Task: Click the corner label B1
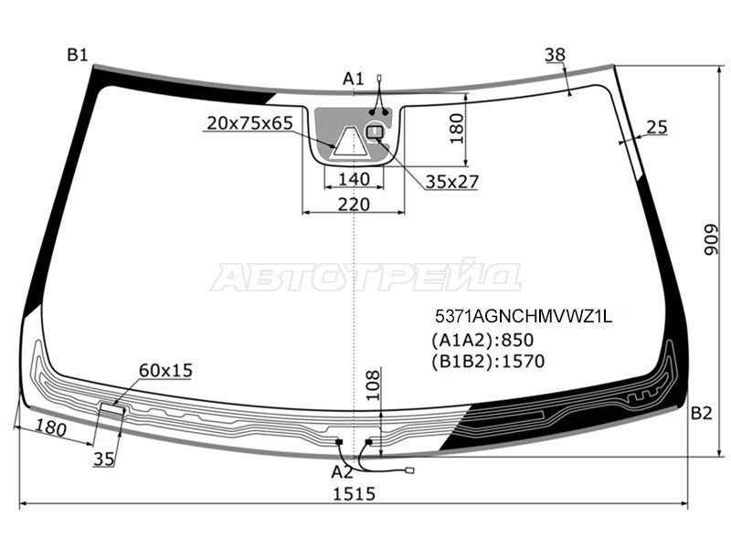coord(78,55)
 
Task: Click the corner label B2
coord(701,414)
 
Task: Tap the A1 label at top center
coord(353,79)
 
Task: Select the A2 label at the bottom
coord(342,472)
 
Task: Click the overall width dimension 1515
coord(354,493)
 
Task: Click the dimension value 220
coord(354,204)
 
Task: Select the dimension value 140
coord(354,179)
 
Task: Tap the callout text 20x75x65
coord(249,123)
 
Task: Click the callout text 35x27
coord(451,182)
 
